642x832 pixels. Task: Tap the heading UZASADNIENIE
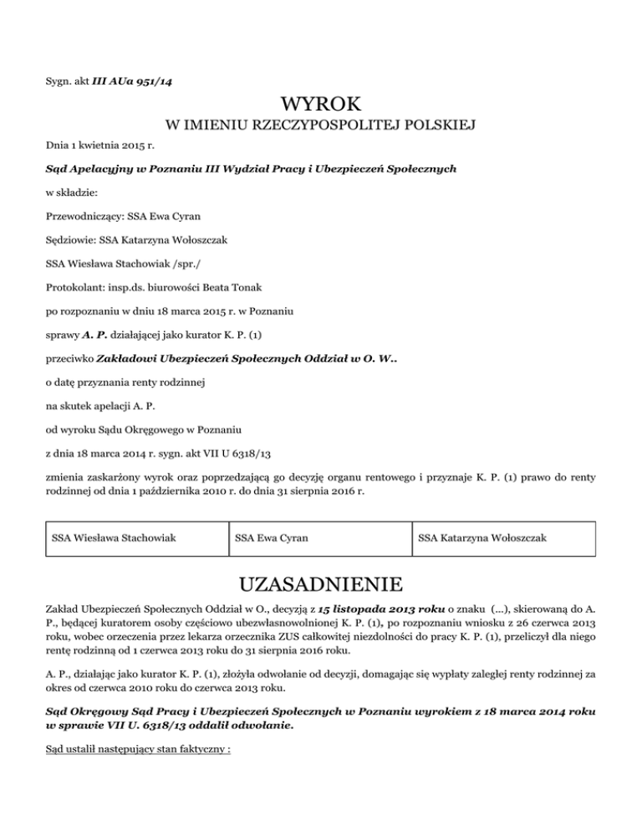tap(321, 583)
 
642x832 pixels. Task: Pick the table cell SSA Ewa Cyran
tap(272, 537)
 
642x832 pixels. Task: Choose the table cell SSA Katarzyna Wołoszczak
tap(482, 537)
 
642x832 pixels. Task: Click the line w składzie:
tap(70, 193)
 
